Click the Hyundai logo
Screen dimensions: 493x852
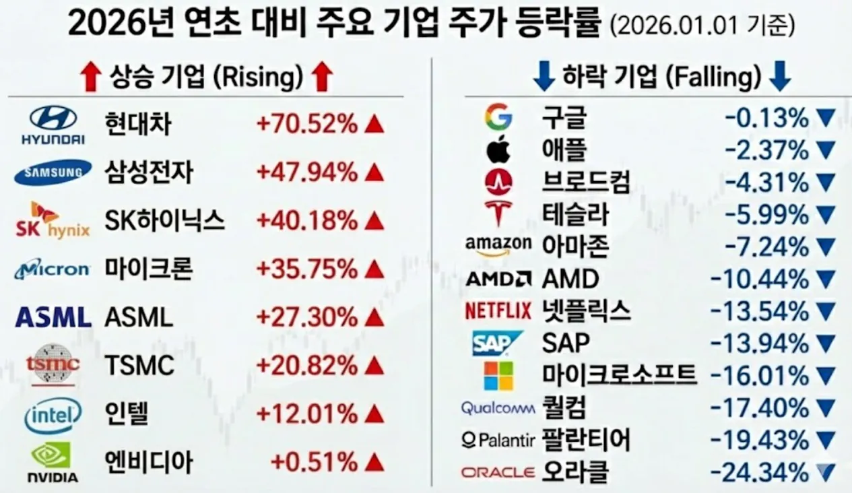click(x=53, y=125)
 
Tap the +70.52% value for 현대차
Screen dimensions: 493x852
click(x=306, y=124)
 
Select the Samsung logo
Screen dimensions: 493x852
click(x=53, y=173)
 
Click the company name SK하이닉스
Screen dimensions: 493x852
click(x=164, y=221)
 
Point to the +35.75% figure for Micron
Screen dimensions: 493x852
click(x=306, y=269)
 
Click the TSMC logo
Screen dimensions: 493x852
click(x=53, y=365)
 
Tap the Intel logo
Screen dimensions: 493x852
click(x=53, y=414)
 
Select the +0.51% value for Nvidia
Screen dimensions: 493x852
click(x=313, y=463)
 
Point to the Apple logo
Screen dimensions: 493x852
click(x=498, y=150)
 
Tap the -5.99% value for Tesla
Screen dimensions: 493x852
click(x=766, y=215)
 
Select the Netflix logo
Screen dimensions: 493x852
click(x=498, y=311)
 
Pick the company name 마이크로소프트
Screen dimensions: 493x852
click(x=619, y=374)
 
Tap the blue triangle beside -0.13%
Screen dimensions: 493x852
click(x=825, y=119)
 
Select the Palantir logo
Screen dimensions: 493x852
click(x=498, y=440)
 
